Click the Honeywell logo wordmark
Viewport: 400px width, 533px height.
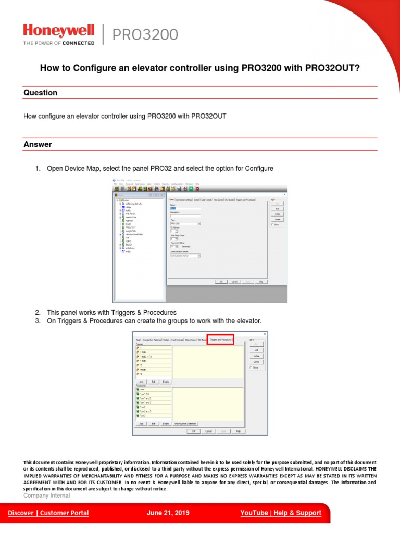(58, 31)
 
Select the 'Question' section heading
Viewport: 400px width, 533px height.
(41, 93)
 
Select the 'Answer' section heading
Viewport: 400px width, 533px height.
(37, 144)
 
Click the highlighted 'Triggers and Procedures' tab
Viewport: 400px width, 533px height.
(221, 339)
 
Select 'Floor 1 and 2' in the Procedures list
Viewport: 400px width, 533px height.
(145, 398)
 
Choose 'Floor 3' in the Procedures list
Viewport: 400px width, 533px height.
(143, 415)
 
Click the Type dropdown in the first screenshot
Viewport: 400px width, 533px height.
(185, 223)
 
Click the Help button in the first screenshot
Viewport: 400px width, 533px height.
(261, 281)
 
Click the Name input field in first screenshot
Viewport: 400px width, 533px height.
(185, 208)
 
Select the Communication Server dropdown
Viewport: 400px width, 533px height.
(185, 256)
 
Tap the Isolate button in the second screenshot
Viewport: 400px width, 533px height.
(256, 356)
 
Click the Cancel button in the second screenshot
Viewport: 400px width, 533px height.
(208, 431)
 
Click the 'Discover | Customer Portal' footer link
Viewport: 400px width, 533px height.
(48, 513)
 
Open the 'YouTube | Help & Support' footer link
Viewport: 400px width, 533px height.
(281, 513)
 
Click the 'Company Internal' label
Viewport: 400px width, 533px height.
(47, 496)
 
